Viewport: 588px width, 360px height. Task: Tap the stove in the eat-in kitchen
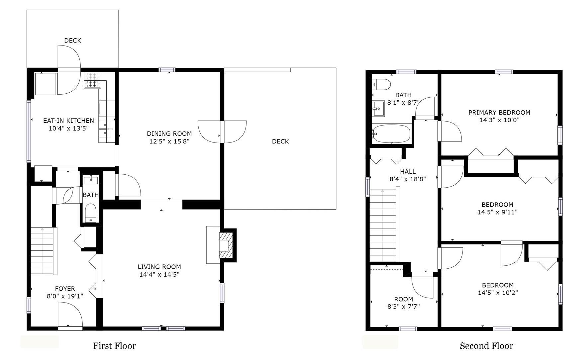pos(92,80)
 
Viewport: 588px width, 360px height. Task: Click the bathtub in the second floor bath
pos(391,133)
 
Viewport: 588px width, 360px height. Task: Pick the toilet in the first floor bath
pos(90,213)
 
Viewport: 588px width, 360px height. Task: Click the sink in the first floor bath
pos(91,180)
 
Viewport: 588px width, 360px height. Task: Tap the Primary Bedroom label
pos(499,113)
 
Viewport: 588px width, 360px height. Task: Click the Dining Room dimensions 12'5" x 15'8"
pos(169,141)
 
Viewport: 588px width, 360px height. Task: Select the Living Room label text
pos(159,267)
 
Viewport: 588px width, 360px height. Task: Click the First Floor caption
pos(115,346)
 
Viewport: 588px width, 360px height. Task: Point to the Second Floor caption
pos(486,346)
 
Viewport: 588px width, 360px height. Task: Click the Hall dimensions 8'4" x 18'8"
pos(408,179)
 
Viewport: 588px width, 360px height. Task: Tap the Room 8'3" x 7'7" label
pos(404,303)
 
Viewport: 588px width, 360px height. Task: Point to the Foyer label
pos(65,289)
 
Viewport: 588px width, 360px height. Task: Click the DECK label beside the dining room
pos(280,141)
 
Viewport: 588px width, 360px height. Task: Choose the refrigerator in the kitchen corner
pos(46,84)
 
